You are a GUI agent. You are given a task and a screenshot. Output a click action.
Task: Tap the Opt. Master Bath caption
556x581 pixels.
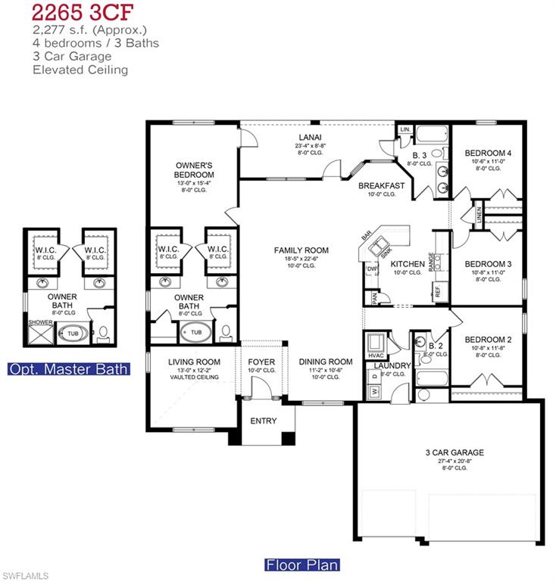point(68,369)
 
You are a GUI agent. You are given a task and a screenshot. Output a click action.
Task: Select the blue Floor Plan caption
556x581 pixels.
point(301,564)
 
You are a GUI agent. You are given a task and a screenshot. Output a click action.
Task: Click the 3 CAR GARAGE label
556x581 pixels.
point(454,453)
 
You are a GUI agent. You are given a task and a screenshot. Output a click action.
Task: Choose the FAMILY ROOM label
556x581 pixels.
point(301,250)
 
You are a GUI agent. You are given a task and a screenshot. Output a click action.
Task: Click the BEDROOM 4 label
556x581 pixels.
point(488,153)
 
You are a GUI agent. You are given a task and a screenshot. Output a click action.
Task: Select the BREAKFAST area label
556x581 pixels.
point(381,185)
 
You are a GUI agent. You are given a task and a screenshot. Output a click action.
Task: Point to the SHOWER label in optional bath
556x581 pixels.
point(41,322)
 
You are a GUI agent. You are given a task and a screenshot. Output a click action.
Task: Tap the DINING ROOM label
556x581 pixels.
point(325,362)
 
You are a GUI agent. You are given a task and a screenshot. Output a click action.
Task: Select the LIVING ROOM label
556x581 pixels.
point(194,362)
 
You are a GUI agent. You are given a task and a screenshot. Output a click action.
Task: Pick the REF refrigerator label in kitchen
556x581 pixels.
point(437,290)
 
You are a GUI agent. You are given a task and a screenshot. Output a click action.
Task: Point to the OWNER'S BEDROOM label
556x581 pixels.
point(194,169)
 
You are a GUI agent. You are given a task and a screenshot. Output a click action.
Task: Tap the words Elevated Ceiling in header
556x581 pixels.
point(80,70)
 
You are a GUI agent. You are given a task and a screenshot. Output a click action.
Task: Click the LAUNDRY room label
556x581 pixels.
point(392,366)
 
